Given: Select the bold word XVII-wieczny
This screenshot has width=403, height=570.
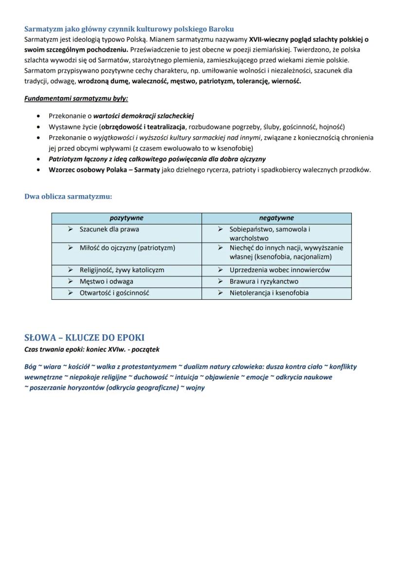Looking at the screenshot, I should [269, 39].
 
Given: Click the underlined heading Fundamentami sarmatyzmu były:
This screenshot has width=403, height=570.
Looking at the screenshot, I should [76, 98].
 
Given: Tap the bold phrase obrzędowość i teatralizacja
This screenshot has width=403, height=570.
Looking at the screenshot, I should [144, 127].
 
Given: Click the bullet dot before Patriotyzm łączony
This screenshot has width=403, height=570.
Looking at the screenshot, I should [38, 159].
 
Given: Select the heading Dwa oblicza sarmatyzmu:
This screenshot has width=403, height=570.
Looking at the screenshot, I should [68, 197].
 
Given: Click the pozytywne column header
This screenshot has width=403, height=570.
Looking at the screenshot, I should [127, 218].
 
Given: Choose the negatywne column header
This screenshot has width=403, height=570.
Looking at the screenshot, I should [276, 218].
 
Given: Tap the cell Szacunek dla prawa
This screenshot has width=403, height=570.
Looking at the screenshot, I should [109, 229].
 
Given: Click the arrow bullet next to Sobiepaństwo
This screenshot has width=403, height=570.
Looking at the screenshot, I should [220, 229].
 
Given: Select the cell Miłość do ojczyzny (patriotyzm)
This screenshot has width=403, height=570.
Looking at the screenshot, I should [127, 248].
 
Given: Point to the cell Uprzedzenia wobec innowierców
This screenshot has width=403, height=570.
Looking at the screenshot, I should [280, 270].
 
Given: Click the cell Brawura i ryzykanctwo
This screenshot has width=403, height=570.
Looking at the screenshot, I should [264, 281].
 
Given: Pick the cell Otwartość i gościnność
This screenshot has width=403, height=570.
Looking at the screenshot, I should [114, 293].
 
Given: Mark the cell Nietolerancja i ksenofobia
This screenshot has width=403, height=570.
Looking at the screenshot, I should [269, 293].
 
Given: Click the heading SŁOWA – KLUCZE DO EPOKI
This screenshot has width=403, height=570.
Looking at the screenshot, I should [84, 338].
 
